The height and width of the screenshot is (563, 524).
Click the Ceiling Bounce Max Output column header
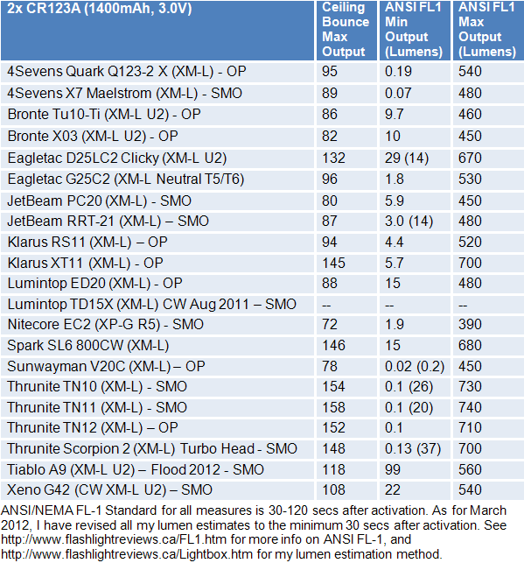[346, 30]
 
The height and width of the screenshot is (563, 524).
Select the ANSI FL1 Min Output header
[413, 30]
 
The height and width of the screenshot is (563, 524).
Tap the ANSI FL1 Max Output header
[487, 30]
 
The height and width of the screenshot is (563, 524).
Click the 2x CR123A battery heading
[100, 9]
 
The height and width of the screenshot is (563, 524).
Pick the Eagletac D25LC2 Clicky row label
[117, 158]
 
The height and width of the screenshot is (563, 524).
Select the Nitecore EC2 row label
[106, 325]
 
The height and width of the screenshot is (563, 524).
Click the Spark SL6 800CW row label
[87, 345]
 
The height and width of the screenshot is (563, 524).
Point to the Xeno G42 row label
[109, 490]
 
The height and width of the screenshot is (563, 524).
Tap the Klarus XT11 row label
[85, 264]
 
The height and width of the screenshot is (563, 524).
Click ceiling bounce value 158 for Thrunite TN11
[333, 407]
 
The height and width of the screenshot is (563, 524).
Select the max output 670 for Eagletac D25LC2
[470, 158]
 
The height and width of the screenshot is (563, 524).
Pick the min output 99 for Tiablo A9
[393, 469]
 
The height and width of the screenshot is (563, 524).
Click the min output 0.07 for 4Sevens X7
[399, 94]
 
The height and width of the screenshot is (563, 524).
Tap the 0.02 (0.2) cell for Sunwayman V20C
[415, 367]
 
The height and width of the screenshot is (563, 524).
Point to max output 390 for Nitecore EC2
[470, 325]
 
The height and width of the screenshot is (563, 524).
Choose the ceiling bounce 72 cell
[330, 325]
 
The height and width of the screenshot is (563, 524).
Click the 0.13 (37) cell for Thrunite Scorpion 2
[413, 449]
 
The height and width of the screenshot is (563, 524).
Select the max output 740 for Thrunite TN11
[470, 407]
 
